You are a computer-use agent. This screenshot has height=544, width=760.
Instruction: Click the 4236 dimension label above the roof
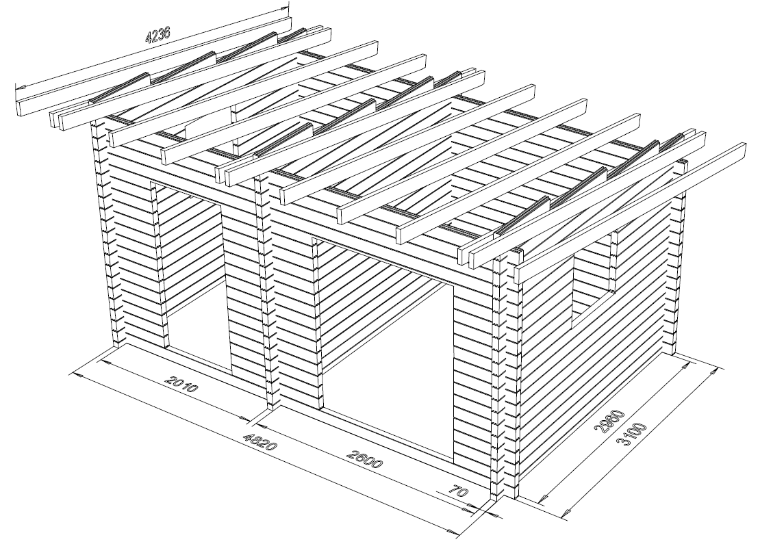158,35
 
